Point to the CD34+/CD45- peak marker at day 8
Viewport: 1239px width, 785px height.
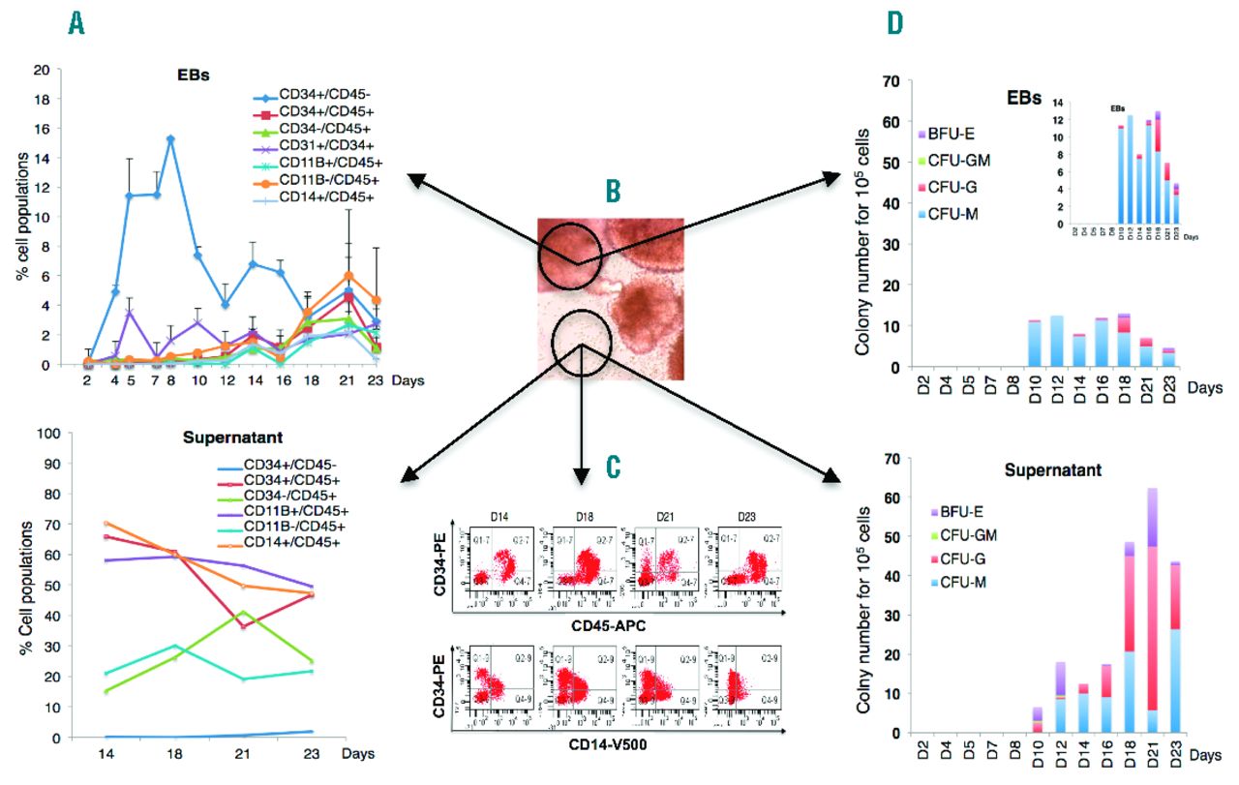point(170,139)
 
